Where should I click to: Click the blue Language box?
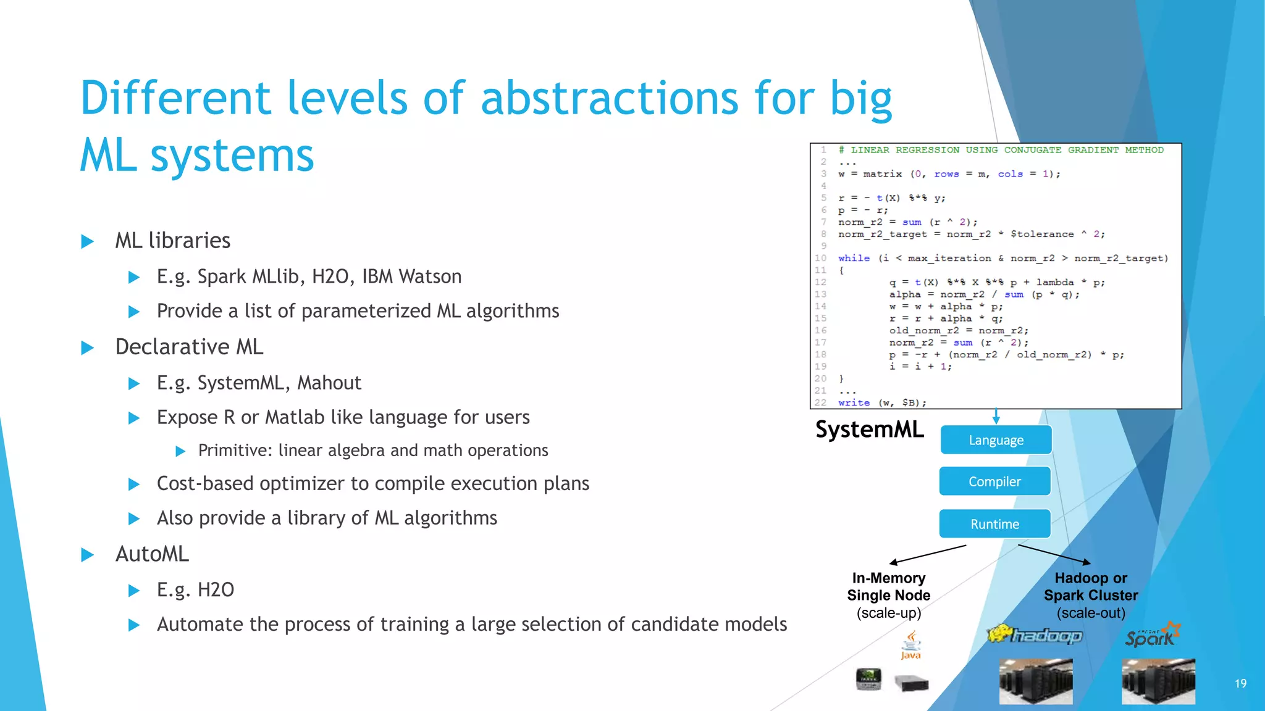point(996,440)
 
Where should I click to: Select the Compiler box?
point(994,481)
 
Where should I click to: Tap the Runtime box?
point(994,524)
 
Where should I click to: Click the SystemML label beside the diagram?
point(869,430)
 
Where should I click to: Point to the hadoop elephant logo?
point(1035,634)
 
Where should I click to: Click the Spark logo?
point(1152,636)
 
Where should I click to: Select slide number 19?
point(1240,683)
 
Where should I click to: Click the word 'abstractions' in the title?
point(609,99)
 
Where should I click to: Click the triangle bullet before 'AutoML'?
point(88,555)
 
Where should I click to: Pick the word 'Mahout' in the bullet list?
point(329,383)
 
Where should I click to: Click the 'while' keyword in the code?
point(854,259)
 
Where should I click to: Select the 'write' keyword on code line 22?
point(854,403)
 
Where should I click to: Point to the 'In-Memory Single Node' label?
point(888,587)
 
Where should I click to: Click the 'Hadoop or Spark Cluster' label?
point(1091,587)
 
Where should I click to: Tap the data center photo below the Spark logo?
point(1158,681)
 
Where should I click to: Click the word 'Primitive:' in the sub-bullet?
point(235,451)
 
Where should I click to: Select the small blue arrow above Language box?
point(996,416)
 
